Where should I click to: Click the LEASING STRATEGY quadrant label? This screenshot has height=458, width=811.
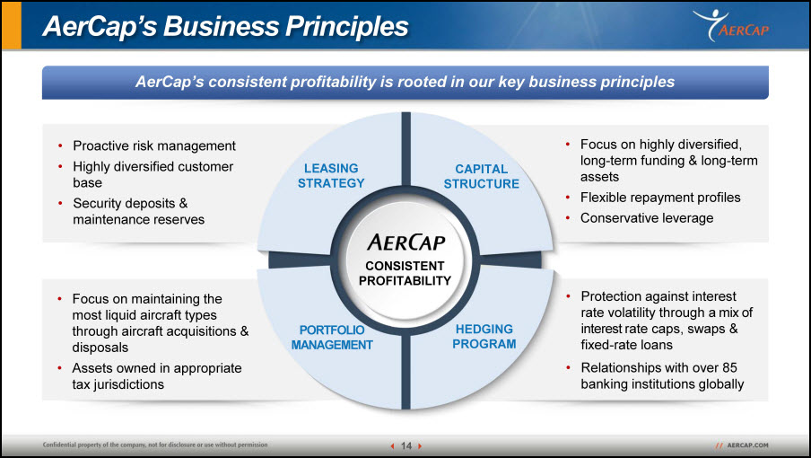click(331, 175)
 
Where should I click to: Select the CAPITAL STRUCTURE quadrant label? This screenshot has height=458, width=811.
click(482, 176)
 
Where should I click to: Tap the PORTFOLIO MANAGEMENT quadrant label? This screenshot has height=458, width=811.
click(332, 338)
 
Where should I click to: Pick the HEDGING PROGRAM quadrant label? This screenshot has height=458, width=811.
click(484, 337)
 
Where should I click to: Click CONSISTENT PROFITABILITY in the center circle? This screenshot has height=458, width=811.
click(405, 273)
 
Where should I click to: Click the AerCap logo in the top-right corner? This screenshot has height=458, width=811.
click(731, 25)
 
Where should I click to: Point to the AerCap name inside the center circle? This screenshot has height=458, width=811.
click(406, 242)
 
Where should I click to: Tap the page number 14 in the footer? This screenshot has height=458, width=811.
click(406, 445)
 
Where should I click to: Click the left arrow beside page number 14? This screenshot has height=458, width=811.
click(393, 445)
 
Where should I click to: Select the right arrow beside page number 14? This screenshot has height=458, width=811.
click(420, 445)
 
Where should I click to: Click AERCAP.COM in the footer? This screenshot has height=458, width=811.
click(747, 445)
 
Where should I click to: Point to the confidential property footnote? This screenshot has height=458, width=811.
click(155, 445)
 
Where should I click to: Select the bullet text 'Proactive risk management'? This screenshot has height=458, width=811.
click(154, 146)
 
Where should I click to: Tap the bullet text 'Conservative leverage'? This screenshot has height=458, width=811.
click(647, 218)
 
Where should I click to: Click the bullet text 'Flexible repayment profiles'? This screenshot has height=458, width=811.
click(660, 198)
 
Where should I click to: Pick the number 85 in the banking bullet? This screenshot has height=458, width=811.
click(729, 367)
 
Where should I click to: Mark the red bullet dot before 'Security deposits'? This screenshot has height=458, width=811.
click(60, 203)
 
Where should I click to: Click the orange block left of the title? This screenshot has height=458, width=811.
click(12, 25)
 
